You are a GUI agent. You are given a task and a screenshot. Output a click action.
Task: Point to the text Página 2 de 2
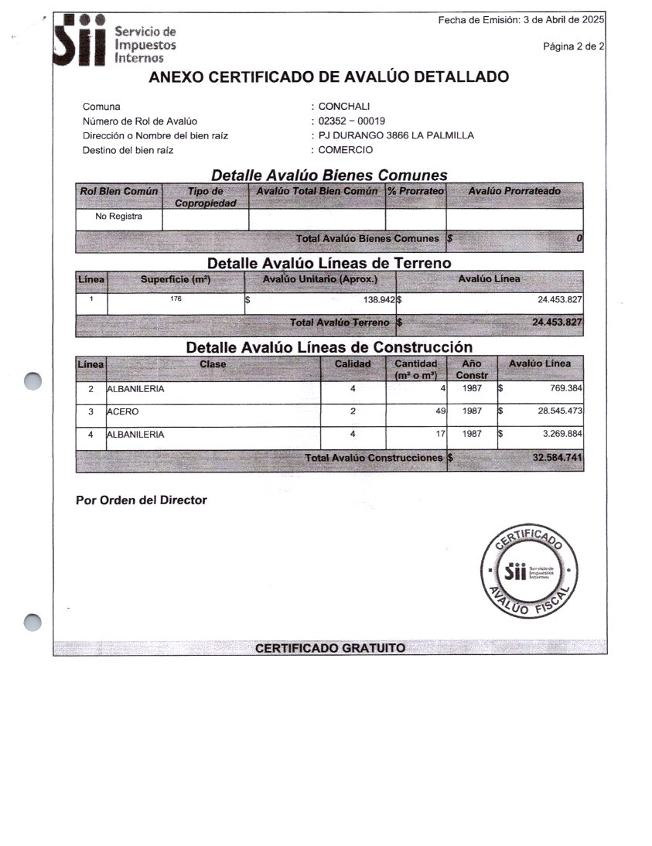pos(574,46)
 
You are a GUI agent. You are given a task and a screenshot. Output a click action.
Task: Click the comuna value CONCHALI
pos(344,107)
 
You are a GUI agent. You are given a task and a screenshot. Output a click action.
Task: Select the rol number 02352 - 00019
pos(352,121)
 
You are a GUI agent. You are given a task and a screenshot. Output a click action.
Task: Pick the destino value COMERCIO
pos(346,150)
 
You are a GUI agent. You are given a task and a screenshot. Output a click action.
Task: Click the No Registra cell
pos(118,217)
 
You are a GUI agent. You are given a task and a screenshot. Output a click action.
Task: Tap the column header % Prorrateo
pos(416,190)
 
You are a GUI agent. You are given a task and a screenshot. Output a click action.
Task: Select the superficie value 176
pos(176,298)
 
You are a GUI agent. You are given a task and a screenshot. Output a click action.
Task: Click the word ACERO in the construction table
pos(123,412)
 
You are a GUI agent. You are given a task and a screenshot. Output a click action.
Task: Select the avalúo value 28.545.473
pos(560,411)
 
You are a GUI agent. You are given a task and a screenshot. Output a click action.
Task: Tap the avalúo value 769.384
pos(565,389)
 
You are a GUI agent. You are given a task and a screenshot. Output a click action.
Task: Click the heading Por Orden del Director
pos(142,500)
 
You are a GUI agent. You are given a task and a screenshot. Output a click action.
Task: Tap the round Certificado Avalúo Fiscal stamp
pos(528,573)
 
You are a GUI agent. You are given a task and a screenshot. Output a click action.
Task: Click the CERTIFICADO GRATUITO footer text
pos(330,648)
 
